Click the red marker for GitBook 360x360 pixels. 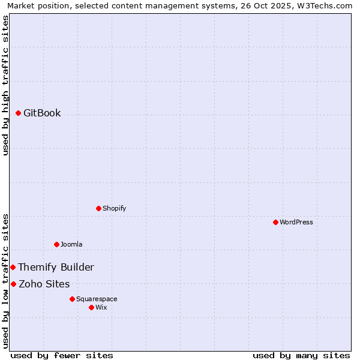pos(18,113)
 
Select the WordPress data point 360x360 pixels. pos(275,222)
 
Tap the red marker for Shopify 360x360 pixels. pos(98,208)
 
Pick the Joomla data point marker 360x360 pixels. pos(56,244)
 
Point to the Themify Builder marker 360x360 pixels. pos(13,267)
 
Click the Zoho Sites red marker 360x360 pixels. pos(13,284)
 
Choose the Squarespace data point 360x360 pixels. pos(72,299)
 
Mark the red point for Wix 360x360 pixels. pos(91,307)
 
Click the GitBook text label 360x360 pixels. pos(42,113)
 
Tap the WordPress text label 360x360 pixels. pos(296,222)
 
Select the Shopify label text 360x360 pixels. pos(114,208)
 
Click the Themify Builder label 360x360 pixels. pos(56,267)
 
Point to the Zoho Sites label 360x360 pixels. pos(44,284)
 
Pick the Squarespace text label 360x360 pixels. pos(97,299)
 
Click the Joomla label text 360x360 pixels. pos(71,244)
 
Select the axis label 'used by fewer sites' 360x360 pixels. pos(62,355)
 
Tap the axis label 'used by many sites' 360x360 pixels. pos(301,355)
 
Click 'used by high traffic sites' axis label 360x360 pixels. pos(5,85)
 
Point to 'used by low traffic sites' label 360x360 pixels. pos(5,280)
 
